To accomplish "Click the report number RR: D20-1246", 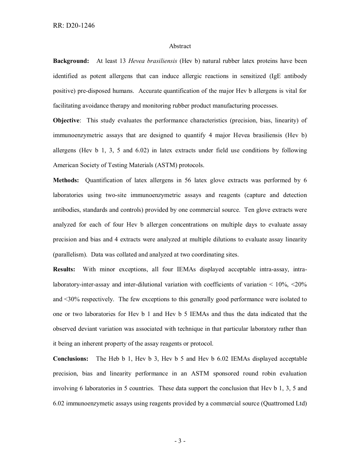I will [x=74, y=26].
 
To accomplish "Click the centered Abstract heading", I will [x=180, y=46].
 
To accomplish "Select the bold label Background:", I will [x=71, y=61].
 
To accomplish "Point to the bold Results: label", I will [x=64, y=269].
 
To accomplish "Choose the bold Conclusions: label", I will [x=70, y=359].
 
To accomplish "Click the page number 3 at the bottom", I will [x=180, y=441].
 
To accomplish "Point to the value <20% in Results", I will [x=299, y=285].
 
